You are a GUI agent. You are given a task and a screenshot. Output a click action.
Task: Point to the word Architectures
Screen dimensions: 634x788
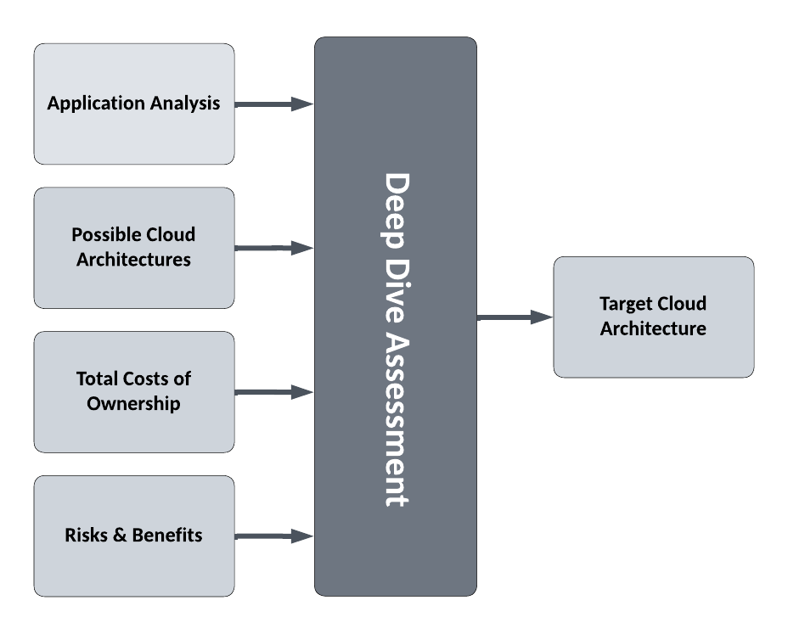coord(133,260)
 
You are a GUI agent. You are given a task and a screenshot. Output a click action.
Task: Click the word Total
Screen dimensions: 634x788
coord(98,379)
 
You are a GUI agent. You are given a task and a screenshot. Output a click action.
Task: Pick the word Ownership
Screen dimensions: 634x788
coord(133,404)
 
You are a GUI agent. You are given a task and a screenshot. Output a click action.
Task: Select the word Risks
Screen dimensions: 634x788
coord(87,536)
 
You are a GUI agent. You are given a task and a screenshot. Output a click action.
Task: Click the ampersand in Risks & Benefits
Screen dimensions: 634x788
coord(118,536)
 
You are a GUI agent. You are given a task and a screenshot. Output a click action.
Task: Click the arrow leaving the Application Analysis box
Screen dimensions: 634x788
coord(273,104)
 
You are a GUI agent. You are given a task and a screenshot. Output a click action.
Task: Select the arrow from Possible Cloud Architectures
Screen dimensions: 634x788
coord(273,248)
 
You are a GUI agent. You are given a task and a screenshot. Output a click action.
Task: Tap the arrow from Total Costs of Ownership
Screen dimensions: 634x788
coord(273,392)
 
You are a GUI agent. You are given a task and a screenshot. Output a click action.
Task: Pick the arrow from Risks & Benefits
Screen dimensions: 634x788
coord(273,536)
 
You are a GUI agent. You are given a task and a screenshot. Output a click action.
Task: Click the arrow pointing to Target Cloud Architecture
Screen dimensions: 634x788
coord(515,317)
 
